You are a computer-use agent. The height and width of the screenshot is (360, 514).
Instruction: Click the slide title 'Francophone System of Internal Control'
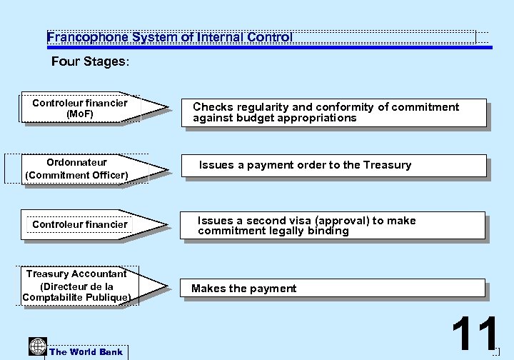pyautogui.click(x=170, y=37)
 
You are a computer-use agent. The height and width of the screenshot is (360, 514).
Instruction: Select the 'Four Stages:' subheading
pyautogui.click(x=90, y=62)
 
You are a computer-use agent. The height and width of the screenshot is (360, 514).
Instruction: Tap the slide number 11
pyautogui.click(x=475, y=334)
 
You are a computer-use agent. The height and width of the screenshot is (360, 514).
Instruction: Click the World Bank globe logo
pyautogui.click(x=37, y=346)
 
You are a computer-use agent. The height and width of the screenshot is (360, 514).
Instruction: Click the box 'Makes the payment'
pyautogui.click(x=332, y=289)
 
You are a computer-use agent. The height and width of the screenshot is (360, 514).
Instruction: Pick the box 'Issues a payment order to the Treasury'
pyautogui.click(x=332, y=166)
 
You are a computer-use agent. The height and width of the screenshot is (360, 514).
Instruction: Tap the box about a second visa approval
pyautogui.click(x=332, y=226)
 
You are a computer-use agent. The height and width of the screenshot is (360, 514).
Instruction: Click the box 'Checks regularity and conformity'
pyautogui.click(x=332, y=113)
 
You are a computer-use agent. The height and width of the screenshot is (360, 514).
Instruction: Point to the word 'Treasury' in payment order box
pyautogui.click(x=387, y=165)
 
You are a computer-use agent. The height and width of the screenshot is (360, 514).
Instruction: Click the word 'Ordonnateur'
pyautogui.click(x=76, y=163)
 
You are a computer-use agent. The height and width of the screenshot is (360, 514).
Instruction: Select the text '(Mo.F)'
pyautogui.click(x=79, y=114)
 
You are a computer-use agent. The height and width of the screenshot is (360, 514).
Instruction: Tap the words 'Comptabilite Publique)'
pyautogui.click(x=76, y=297)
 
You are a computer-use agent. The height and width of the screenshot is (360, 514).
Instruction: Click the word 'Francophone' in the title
pyautogui.click(x=81, y=37)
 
